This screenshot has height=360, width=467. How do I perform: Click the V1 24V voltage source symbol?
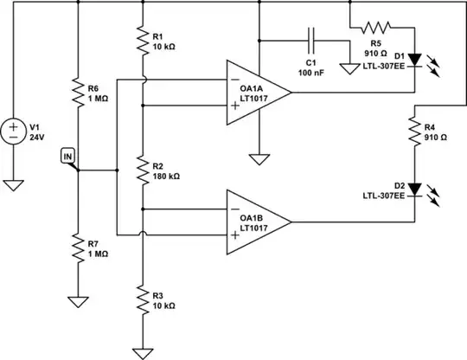16,132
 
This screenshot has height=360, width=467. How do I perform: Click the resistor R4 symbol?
416,131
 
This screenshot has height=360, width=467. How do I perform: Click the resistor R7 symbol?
78,249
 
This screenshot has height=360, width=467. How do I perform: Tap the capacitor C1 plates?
309,41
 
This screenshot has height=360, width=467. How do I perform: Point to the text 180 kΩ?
165,176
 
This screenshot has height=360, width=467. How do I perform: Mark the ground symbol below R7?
78,302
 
